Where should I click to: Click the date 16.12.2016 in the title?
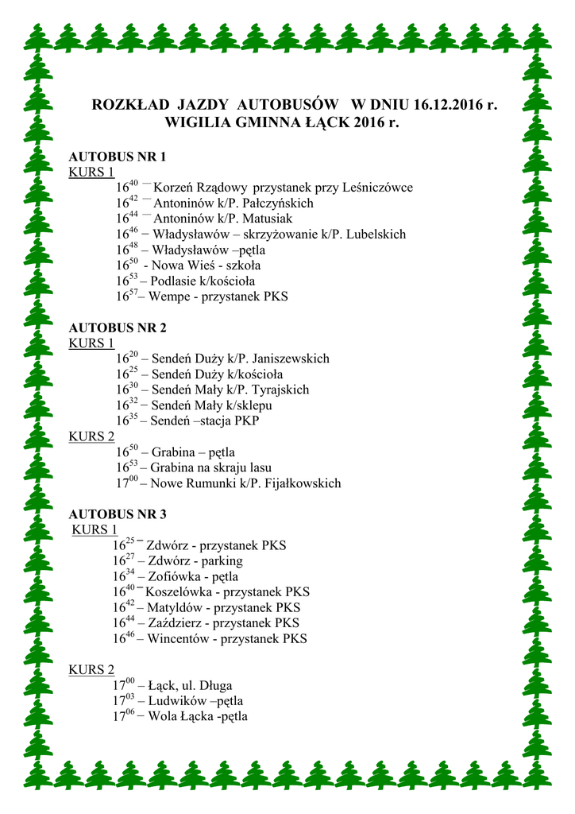click(x=446, y=105)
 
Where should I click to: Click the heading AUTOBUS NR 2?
click(x=118, y=328)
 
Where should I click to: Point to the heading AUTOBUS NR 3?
click(x=118, y=514)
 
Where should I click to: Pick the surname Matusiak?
click(x=267, y=219)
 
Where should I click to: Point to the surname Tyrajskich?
click(x=280, y=390)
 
